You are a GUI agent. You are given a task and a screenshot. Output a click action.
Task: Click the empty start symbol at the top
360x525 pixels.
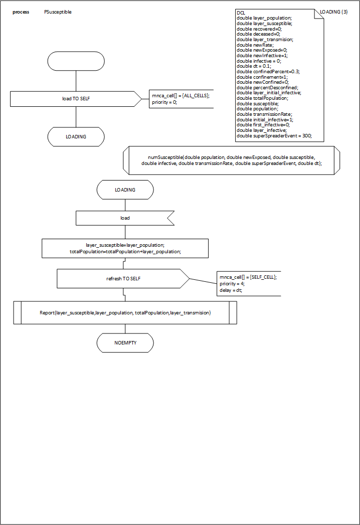coord(76,61)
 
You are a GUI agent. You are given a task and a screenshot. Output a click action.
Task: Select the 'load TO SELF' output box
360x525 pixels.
coord(76,99)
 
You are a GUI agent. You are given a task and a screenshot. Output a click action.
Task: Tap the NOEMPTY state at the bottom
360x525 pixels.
coord(125,343)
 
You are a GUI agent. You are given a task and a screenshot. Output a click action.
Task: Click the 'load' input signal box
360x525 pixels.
coord(125,218)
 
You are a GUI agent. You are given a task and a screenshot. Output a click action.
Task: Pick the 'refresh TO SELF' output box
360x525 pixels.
coord(123,278)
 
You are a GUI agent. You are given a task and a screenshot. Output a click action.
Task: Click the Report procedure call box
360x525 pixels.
coord(125,313)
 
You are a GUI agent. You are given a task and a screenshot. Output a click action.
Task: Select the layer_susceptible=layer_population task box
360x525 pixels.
coord(125,248)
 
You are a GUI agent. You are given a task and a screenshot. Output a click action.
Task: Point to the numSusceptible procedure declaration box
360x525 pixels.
coord(231,160)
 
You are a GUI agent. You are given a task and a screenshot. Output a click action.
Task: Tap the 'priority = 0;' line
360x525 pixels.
coord(164,102)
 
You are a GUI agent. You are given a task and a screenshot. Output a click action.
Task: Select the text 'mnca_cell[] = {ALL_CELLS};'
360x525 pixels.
coord(181,95)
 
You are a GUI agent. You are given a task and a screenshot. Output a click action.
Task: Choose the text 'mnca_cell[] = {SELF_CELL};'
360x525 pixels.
coord(248,277)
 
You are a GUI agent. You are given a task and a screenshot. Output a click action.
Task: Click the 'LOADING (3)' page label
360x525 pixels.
coord(333,12)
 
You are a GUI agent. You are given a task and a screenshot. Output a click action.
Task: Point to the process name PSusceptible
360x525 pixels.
coord(58,12)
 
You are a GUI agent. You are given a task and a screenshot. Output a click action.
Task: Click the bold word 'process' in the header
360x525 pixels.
coord(21,12)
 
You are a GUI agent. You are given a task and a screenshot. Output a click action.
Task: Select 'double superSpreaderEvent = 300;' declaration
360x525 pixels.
coord(274,136)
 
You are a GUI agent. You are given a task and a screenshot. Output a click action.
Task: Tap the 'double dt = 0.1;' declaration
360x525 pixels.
coord(254,66)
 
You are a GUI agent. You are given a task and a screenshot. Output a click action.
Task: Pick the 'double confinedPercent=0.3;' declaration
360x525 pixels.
coord(268,71)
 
